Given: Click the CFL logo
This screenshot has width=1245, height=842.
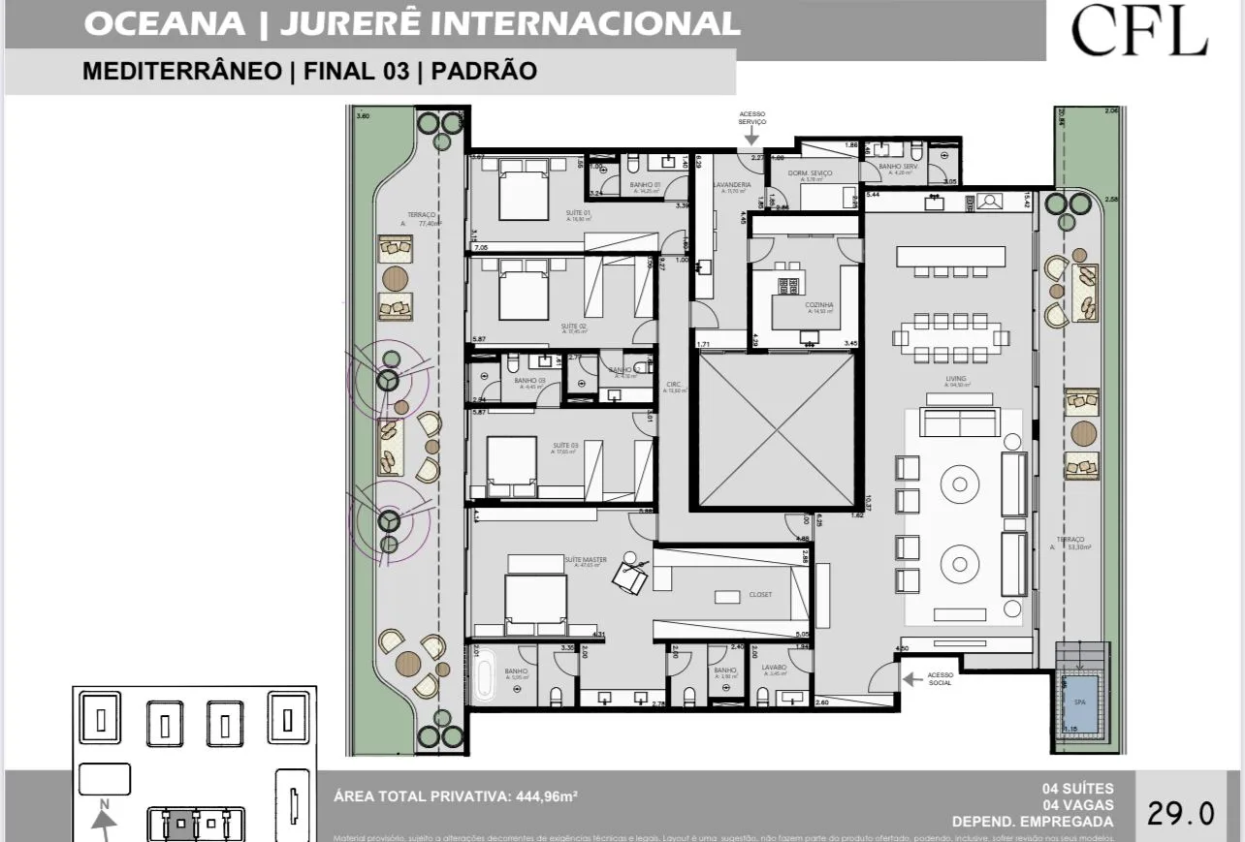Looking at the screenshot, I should (1139, 31).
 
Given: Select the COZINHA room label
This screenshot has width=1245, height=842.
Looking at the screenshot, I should (819, 305).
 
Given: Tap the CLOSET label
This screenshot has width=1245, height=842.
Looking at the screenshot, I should (760, 594).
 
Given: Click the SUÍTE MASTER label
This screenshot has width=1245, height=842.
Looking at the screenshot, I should (586, 560).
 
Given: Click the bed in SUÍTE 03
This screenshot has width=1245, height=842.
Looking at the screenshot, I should (511, 467).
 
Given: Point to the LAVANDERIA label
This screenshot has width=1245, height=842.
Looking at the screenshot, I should (732, 184).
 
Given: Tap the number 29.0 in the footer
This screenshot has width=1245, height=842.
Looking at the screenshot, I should (1180, 812).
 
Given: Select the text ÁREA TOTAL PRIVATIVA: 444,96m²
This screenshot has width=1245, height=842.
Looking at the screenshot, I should (455, 796).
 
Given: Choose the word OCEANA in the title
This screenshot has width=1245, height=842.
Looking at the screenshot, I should (165, 24).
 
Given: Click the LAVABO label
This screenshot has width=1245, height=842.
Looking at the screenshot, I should (774, 668).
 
